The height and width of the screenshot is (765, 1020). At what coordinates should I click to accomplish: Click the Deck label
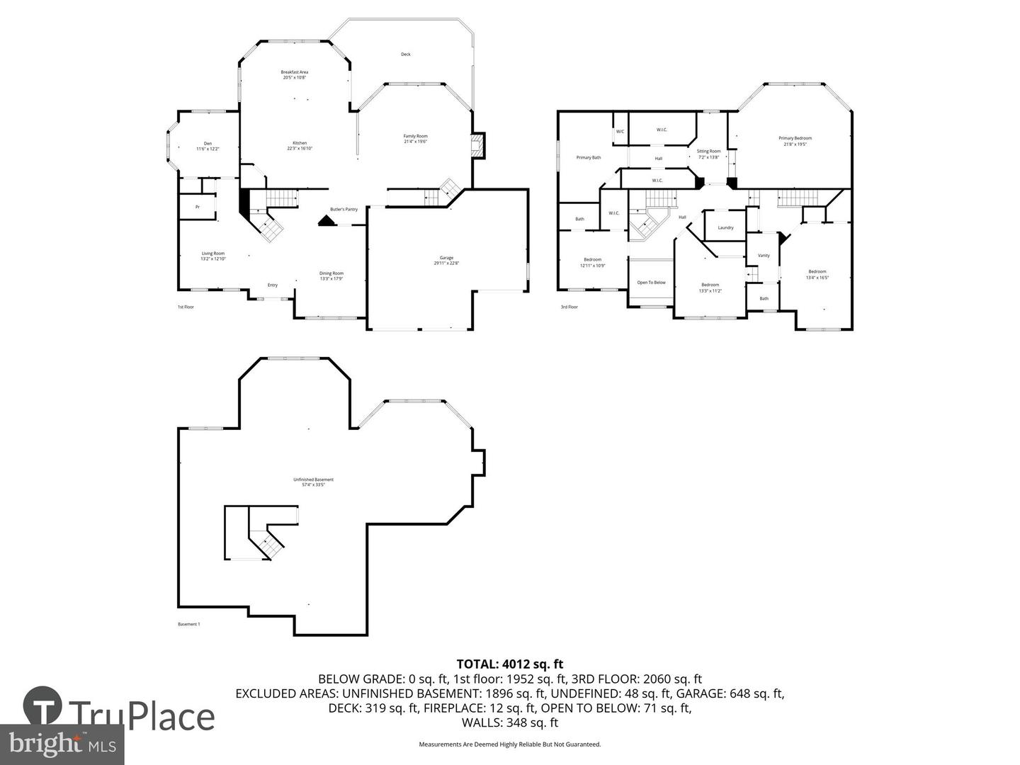click(406, 55)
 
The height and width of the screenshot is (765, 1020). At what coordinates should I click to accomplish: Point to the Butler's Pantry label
click(344, 209)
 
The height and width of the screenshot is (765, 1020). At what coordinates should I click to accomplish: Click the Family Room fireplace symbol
click(477, 147)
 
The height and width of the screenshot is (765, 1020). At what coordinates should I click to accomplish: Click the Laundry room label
click(725, 227)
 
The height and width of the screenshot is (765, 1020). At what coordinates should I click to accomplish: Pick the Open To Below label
click(651, 283)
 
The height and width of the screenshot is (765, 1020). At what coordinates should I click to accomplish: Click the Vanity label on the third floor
click(764, 256)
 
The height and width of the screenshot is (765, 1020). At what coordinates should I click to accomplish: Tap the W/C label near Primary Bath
click(620, 132)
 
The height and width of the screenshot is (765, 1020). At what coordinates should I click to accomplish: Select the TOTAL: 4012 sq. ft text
click(509, 664)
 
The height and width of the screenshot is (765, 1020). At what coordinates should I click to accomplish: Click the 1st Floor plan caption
click(186, 307)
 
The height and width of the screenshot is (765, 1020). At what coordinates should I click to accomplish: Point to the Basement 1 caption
click(189, 624)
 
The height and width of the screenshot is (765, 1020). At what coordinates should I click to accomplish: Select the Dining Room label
click(331, 276)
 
